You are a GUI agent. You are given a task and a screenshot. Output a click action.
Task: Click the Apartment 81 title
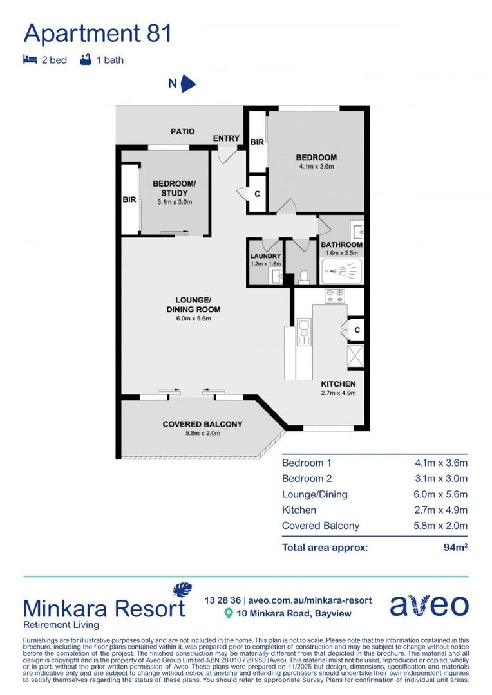tap(98, 33)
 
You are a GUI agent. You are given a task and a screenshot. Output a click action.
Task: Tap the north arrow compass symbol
tap(187, 84)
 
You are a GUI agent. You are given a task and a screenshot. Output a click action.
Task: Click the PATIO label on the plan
tap(182, 131)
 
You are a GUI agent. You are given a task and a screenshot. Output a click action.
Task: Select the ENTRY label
tap(226, 138)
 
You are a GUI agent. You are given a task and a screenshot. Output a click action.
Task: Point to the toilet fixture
tap(304, 276)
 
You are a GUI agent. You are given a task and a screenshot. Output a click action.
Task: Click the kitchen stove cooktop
tap(335, 296)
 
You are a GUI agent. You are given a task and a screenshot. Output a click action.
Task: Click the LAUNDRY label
tap(265, 255)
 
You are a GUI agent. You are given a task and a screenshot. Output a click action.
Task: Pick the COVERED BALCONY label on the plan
tap(202, 424)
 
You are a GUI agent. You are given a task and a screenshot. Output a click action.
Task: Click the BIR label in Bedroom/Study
tap(129, 199)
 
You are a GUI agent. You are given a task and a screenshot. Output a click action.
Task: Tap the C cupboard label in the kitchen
tap(357, 329)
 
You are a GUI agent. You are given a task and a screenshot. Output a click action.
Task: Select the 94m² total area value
tap(455, 548)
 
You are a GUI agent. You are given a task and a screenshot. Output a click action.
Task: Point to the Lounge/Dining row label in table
tap(314, 494)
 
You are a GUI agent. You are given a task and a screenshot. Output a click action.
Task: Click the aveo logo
tap(429, 606)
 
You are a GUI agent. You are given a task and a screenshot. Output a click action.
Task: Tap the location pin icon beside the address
tap(228, 614)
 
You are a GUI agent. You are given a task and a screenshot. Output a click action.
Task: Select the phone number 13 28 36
tap(222, 600)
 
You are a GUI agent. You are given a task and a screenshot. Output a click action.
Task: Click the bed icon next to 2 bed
tap(30, 60)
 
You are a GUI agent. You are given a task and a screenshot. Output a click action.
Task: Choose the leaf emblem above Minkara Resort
tap(182, 590)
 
